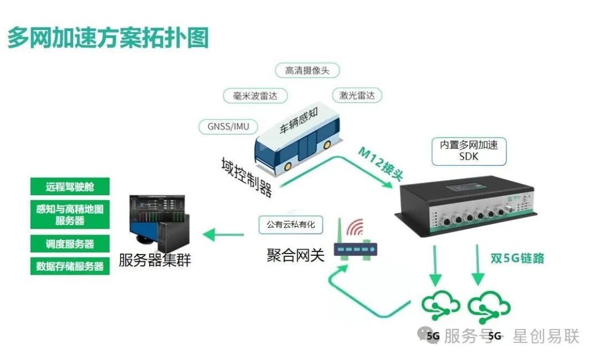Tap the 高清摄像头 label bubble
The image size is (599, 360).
307,70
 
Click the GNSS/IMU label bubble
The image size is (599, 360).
228,126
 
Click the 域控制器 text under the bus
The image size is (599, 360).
246,177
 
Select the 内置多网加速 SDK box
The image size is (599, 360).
469,151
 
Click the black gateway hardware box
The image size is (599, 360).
469,205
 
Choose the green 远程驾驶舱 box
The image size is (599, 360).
70,187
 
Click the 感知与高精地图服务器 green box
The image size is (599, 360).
70,215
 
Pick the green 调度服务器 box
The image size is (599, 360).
70,244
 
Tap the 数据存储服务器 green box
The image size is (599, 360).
70,266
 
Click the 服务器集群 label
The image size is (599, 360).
155,260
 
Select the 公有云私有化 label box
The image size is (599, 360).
290,225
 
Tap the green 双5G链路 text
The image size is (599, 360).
517,258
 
